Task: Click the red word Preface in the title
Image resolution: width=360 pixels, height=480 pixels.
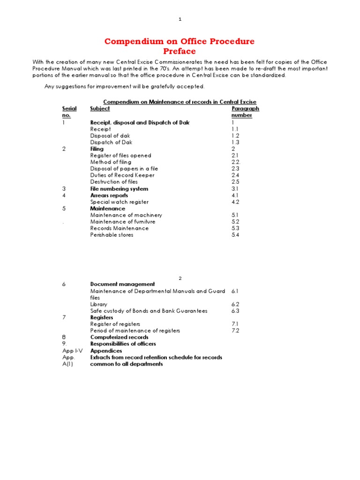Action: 180,51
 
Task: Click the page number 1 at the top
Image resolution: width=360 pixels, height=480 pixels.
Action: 180,19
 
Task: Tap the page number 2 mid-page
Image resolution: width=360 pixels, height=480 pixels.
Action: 180,278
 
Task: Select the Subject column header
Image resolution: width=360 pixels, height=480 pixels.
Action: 100,109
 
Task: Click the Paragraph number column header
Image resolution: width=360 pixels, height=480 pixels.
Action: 245,112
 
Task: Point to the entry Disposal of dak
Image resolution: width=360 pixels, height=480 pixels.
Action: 110,135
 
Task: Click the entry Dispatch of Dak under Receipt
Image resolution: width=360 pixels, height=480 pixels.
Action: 112,142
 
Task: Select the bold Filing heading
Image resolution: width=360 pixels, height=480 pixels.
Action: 97,149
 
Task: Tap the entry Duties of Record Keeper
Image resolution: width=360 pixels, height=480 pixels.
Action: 122,175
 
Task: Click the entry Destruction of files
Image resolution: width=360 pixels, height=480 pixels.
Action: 114,182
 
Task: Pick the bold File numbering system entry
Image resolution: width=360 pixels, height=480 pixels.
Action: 119,189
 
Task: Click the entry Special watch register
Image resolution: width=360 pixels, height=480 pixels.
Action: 120,202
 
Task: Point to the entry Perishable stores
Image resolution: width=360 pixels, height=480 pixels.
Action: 112,235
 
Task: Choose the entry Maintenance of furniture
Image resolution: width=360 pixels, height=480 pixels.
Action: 123,222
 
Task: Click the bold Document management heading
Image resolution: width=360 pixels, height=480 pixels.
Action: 122,284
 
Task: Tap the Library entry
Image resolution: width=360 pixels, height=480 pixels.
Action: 98,304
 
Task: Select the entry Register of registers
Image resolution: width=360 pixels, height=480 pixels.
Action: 115,324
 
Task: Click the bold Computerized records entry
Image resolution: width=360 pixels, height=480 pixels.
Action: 119,337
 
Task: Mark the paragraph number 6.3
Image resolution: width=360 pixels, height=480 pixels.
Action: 235,311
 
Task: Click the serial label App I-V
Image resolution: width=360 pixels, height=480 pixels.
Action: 72,351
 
